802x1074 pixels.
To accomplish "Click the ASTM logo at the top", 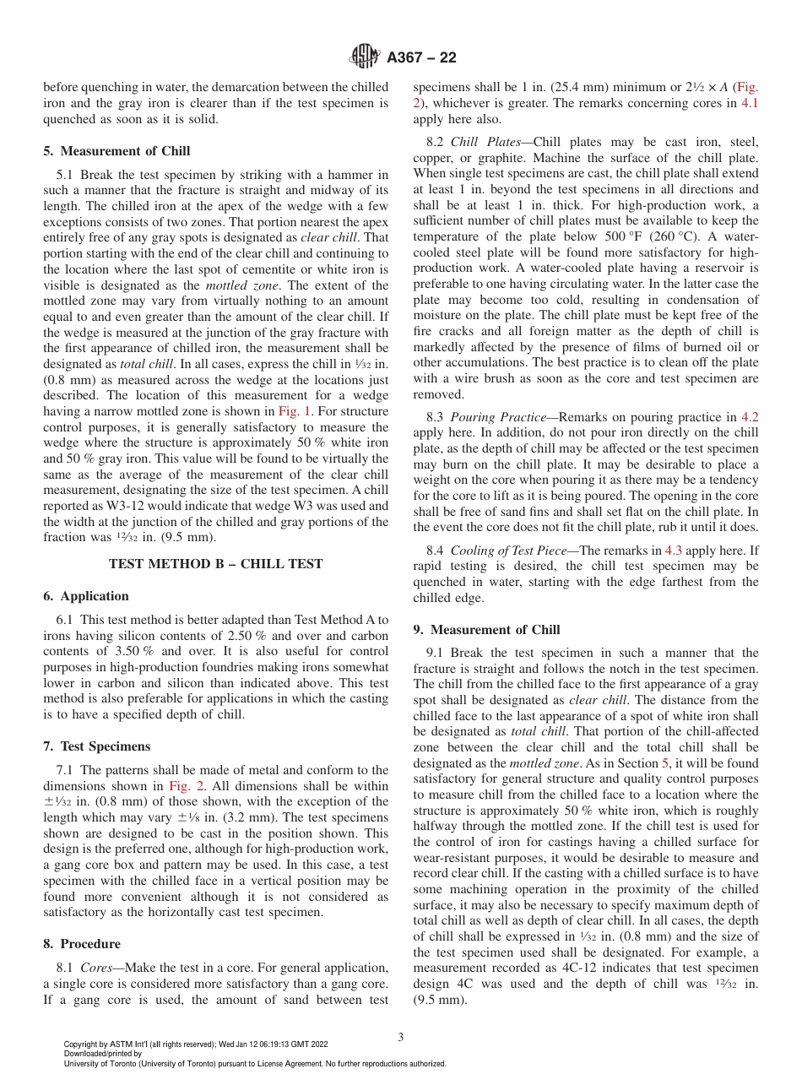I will [x=366, y=57].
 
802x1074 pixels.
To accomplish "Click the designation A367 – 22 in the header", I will [x=421, y=58].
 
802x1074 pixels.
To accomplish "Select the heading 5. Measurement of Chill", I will [x=117, y=151].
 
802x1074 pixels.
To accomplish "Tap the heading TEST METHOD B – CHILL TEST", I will [x=216, y=564].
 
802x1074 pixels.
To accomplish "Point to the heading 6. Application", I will [x=86, y=596].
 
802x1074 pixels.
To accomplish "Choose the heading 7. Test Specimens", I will [x=97, y=746].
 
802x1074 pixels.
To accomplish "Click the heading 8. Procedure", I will [x=82, y=944].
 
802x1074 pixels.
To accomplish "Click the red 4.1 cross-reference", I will [x=750, y=104].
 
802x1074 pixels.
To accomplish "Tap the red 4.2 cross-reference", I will [x=750, y=416].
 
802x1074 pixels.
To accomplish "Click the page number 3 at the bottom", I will [x=401, y=1037].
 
